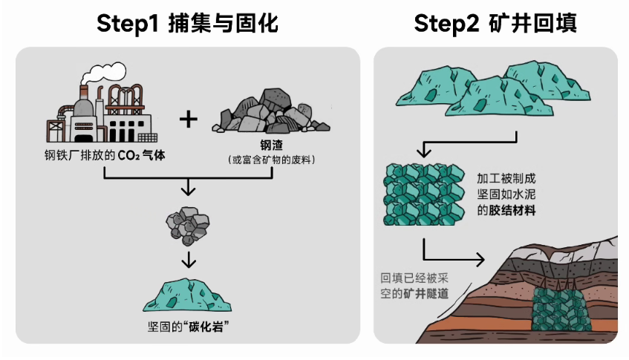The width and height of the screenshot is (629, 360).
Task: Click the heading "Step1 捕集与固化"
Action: [187, 24]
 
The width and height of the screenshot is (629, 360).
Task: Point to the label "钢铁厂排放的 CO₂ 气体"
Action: [105, 157]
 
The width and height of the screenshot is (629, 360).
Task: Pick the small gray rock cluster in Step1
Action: [188, 223]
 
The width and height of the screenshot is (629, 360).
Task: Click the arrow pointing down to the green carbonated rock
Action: [189, 261]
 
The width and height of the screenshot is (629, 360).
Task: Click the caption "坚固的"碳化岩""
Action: [188, 327]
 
